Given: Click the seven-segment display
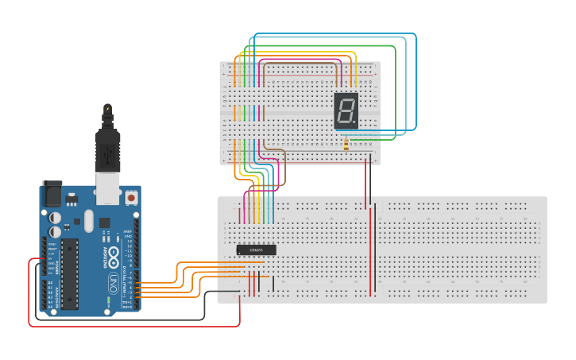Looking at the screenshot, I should (x=346, y=110).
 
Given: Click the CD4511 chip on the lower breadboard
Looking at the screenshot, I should (x=257, y=250).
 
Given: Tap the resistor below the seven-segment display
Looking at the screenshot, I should (x=346, y=144).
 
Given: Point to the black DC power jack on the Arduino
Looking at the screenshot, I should (x=52, y=193).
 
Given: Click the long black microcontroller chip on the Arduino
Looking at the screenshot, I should (x=70, y=274).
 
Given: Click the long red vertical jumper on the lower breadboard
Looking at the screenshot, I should (x=370, y=246).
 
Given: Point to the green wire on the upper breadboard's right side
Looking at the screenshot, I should (x=395, y=103).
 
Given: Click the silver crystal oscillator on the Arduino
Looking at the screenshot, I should (x=88, y=220).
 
